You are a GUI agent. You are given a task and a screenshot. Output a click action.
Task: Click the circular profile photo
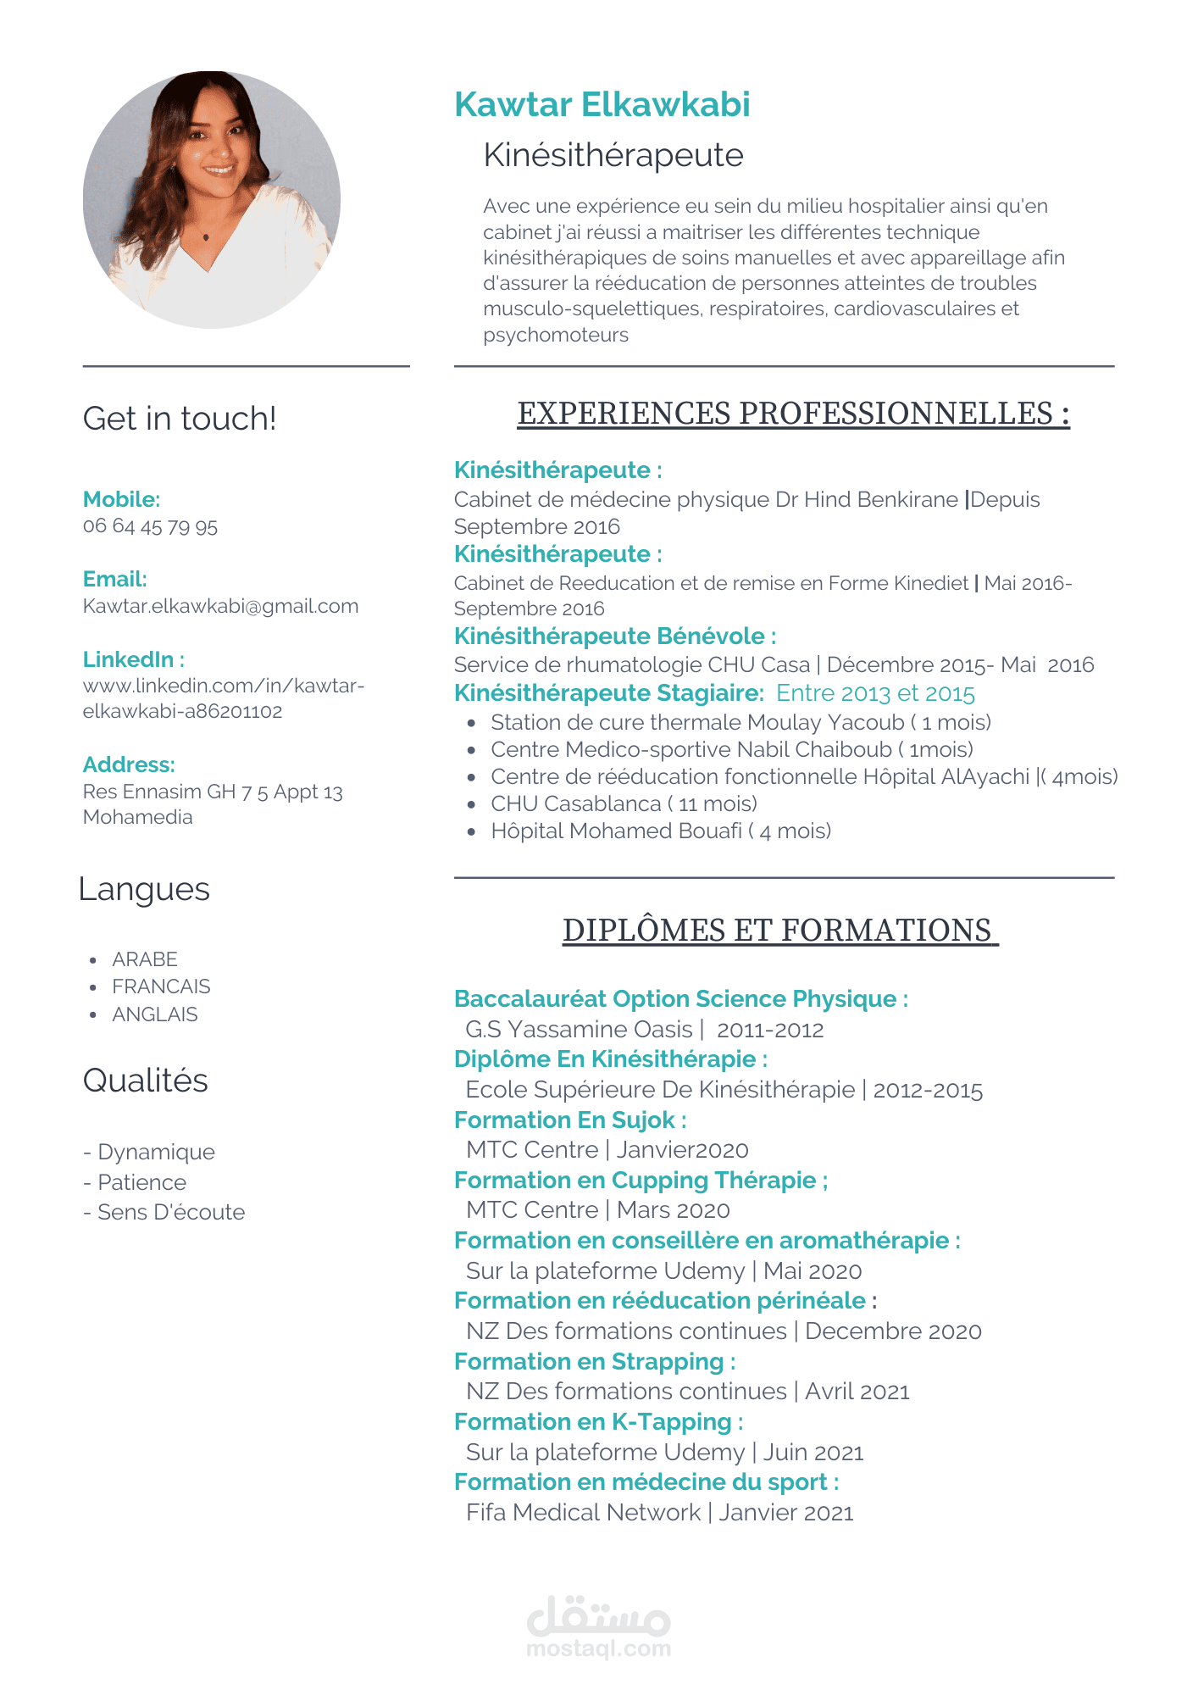tap(212, 200)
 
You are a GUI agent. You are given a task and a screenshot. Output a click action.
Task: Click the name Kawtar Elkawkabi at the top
tap(602, 104)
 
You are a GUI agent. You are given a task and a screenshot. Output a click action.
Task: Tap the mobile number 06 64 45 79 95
tap(150, 526)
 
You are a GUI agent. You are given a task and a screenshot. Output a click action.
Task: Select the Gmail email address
tap(220, 606)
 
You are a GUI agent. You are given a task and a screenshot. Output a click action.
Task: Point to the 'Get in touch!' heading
tap(180, 419)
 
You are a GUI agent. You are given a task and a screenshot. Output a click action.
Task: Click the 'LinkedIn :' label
tap(133, 659)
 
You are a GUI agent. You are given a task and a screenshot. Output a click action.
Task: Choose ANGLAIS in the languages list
tap(155, 1014)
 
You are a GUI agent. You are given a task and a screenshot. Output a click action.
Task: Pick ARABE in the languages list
tap(145, 959)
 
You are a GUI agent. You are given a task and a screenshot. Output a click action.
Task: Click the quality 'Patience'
tap(141, 1182)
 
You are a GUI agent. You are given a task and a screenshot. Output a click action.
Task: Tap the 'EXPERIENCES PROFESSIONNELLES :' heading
tap(793, 414)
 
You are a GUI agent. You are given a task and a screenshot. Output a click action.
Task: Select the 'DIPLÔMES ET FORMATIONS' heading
tap(779, 931)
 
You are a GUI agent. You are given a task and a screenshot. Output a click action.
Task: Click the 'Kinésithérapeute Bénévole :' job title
tap(614, 636)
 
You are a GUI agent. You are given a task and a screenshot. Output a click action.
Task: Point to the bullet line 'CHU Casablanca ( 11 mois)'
tap(624, 803)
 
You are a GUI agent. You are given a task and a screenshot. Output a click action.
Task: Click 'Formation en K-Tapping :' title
tap(598, 1422)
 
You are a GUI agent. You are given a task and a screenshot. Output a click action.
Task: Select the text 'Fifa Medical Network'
tap(583, 1513)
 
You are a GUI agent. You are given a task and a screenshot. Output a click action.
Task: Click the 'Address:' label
tap(129, 764)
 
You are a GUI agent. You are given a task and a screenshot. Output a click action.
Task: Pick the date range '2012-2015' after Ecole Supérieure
tap(928, 1090)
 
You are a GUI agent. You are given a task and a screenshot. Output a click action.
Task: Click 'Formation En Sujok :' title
tap(569, 1120)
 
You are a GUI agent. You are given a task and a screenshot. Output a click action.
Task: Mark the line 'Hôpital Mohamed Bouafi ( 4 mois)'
tap(661, 831)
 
